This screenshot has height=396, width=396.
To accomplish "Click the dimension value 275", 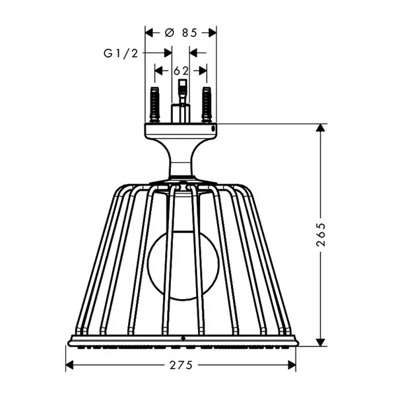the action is click(x=181, y=365).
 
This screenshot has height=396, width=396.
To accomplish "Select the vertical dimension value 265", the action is click(x=321, y=234).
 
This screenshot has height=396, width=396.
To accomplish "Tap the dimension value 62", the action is click(x=181, y=71).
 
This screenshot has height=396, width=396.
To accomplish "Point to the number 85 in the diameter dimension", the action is click(x=189, y=32).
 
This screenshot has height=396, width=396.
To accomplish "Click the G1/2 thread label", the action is click(x=121, y=53).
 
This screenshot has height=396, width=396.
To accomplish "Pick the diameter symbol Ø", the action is click(x=170, y=32).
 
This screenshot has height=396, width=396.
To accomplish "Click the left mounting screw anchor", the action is click(x=154, y=105).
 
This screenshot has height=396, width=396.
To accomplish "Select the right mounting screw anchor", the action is click(x=207, y=105).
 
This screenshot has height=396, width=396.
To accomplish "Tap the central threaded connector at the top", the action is click(x=182, y=101).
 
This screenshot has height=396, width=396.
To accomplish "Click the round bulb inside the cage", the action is click(x=183, y=266).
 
